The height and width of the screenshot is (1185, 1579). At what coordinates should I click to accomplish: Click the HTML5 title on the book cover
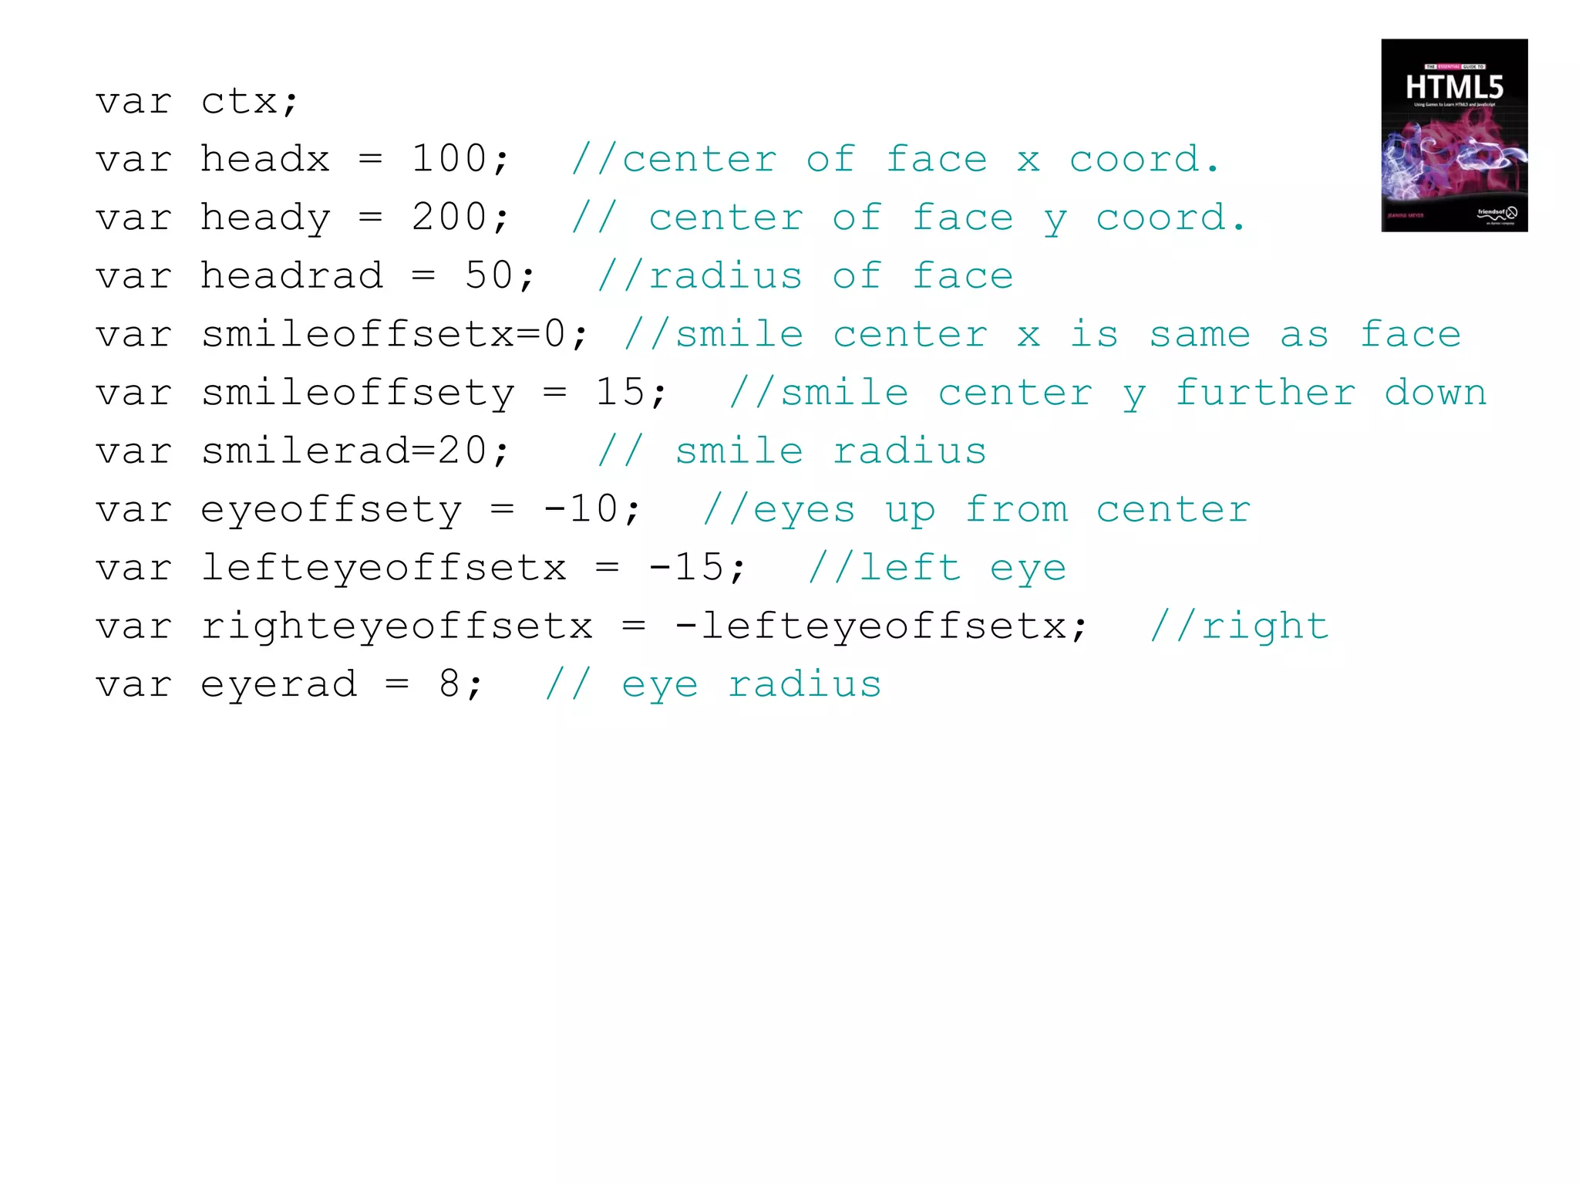pos(1454,87)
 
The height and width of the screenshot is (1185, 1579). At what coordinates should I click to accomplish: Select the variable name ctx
pos(239,101)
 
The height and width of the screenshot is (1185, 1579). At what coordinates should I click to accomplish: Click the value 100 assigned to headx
pos(449,159)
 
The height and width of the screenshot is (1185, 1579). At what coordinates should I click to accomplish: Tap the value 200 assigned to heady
pos(449,218)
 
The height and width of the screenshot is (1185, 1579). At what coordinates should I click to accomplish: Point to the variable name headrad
pos(291,275)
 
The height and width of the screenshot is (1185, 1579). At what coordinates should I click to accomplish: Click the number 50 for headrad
pos(489,275)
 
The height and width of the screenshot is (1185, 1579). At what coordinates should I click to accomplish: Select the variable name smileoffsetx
pos(357,334)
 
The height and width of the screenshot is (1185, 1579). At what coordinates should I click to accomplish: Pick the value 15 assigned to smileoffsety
pos(620,393)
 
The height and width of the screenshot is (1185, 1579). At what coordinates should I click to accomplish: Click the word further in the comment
pos(1264,393)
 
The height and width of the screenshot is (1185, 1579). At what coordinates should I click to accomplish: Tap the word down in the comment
pos(1435,393)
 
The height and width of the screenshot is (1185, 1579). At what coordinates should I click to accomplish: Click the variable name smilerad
pos(305,451)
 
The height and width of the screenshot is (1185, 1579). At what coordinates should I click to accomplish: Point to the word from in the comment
pos(1016,509)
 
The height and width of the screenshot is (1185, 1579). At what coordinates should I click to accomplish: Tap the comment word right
pos(1265,626)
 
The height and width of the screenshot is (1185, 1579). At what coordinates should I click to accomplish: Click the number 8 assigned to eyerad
pos(449,684)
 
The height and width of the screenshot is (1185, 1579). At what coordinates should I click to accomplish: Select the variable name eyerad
pos(278,684)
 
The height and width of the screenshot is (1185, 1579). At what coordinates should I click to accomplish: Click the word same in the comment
pos(1200,334)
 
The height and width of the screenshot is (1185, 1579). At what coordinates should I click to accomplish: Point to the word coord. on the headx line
pos(1144,159)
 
